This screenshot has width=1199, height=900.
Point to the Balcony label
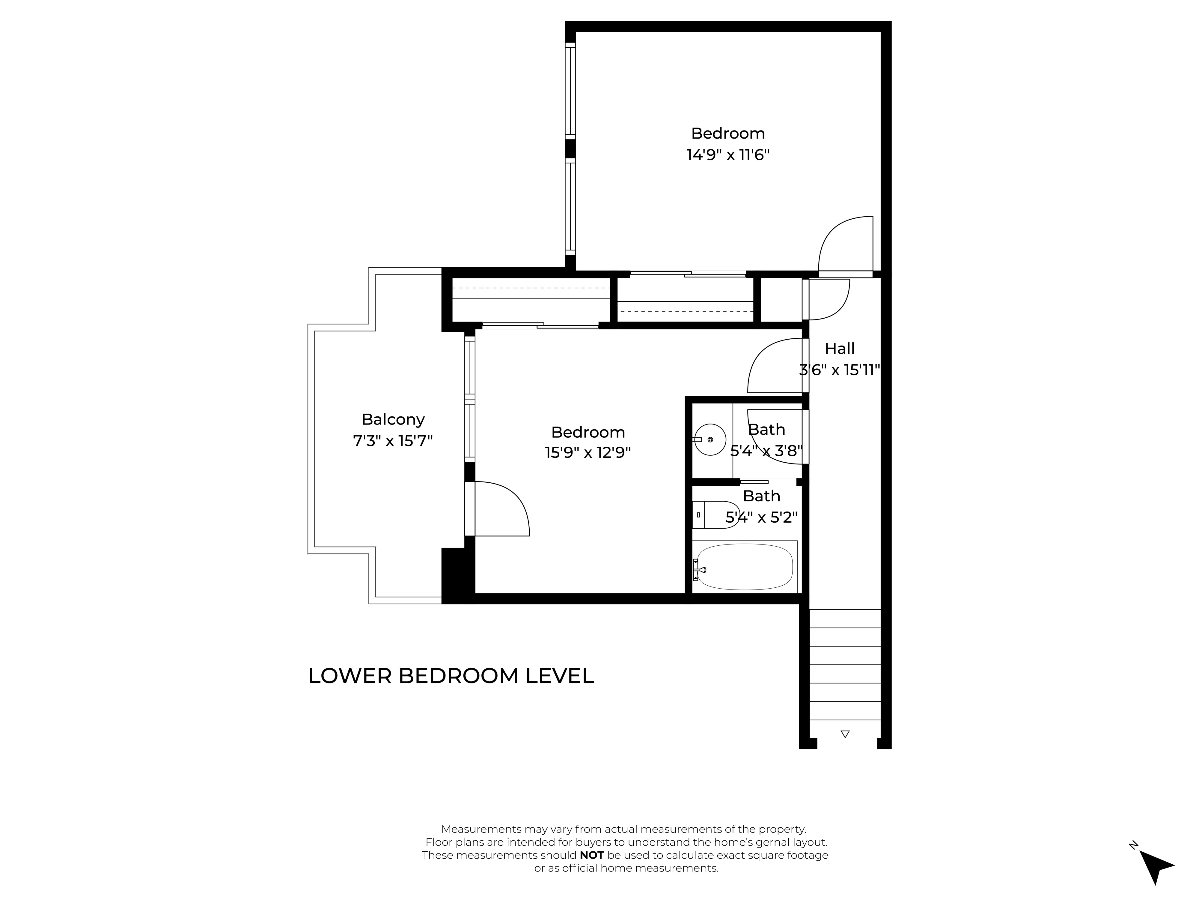pos(393,419)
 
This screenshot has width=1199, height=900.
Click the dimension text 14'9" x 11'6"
pos(728,155)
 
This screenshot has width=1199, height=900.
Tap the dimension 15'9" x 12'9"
pos(588,452)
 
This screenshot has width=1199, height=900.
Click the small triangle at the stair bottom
pos(844,734)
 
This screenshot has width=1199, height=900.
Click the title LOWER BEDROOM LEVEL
pos(451,676)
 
